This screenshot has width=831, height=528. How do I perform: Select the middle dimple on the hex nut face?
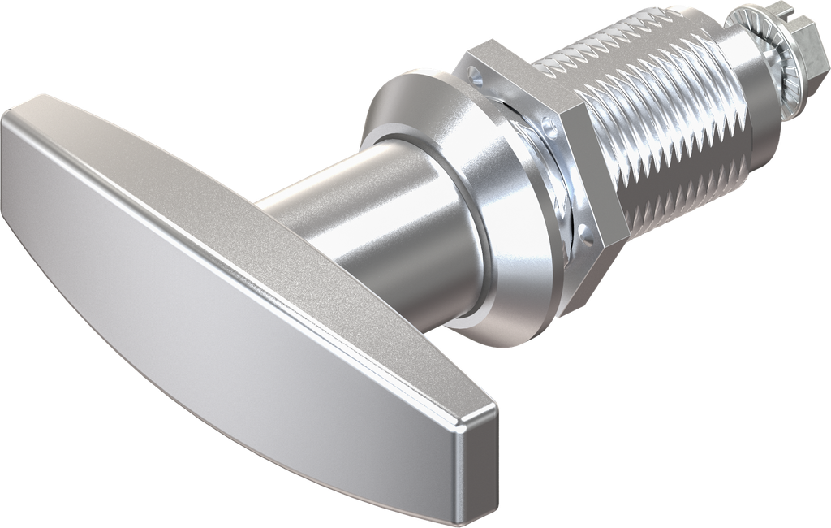(552, 127)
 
